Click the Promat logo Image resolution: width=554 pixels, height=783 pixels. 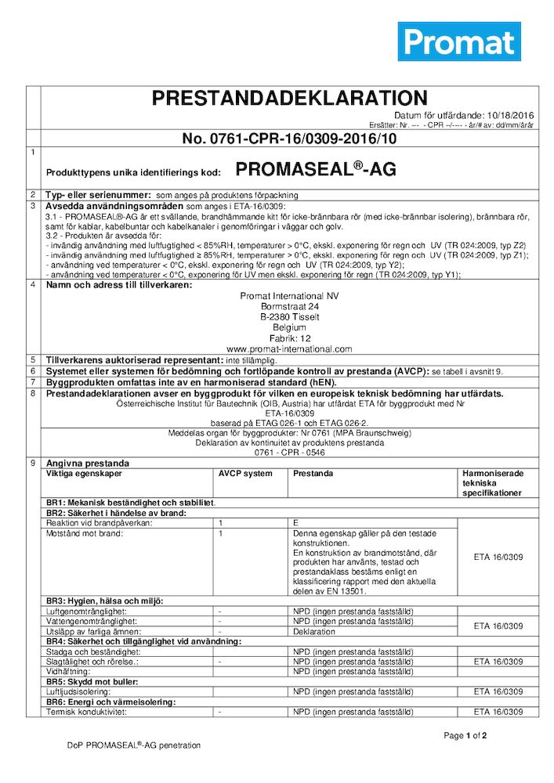(458, 41)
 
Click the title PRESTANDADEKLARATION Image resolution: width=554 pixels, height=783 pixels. (289, 99)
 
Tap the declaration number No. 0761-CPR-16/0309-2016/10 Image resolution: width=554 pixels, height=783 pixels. (289, 139)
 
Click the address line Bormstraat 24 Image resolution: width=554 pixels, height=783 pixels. (289, 308)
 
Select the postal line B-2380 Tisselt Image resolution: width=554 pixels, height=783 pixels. (289, 318)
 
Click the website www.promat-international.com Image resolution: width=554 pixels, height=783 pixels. (289, 349)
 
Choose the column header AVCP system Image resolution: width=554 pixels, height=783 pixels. (245, 474)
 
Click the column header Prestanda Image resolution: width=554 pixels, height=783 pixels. (313, 474)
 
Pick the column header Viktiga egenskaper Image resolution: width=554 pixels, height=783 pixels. (84, 474)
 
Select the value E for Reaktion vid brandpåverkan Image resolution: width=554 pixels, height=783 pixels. (296, 523)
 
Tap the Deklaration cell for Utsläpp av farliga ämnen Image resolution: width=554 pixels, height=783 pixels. (314, 631)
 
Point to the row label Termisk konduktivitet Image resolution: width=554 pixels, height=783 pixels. (86, 712)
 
